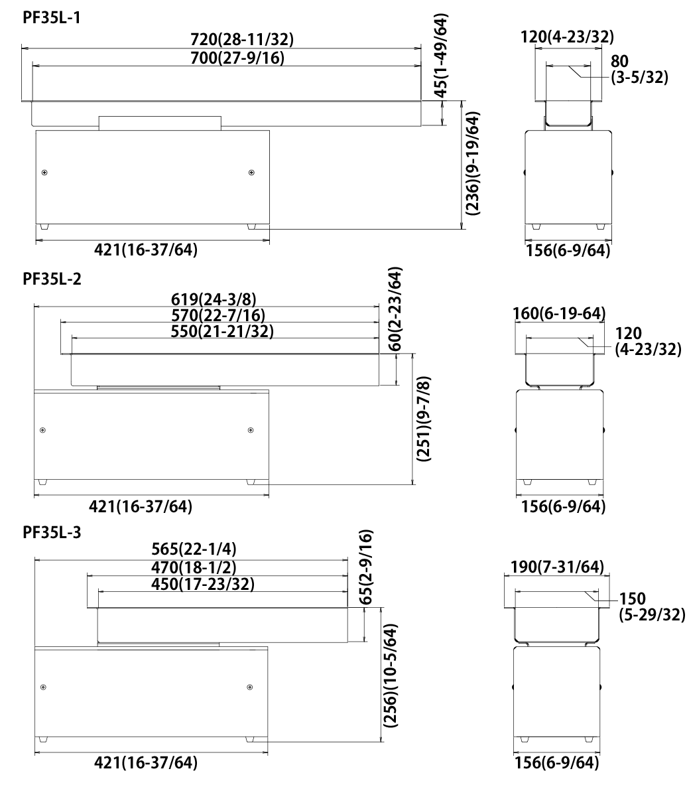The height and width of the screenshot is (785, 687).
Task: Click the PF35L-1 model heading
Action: [x=52, y=18]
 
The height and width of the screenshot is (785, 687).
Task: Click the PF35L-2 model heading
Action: [x=52, y=278]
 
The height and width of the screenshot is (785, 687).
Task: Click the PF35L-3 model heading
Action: [x=52, y=532]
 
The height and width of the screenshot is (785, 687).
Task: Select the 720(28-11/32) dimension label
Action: [x=242, y=39]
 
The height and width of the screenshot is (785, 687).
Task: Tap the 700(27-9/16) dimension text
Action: [x=237, y=58]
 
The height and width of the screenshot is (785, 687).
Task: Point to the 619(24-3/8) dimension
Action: [x=214, y=299]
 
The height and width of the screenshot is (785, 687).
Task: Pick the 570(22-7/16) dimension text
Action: [x=218, y=315]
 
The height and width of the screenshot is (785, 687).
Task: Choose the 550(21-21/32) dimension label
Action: [x=222, y=331]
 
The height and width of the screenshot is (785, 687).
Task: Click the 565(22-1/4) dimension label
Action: [x=194, y=549]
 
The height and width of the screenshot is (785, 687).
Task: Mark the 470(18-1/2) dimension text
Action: [x=194, y=567]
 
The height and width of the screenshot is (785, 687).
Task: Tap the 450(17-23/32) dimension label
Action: [x=203, y=584]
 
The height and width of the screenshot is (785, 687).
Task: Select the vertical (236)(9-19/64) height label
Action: [x=472, y=163]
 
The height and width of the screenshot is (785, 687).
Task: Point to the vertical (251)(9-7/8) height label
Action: [x=424, y=419]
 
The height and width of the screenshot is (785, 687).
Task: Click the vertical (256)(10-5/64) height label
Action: [x=390, y=676]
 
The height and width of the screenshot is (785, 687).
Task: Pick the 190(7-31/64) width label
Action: [x=558, y=567]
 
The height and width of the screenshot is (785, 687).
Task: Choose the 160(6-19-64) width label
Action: [x=559, y=313]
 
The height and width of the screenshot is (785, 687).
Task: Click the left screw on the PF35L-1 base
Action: [x=44, y=173]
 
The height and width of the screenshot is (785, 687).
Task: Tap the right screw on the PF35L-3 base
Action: [x=250, y=687]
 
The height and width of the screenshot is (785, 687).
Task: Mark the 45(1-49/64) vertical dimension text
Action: [x=441, y=56]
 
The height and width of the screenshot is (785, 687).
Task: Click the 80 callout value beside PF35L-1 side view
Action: [x=619, y=61]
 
